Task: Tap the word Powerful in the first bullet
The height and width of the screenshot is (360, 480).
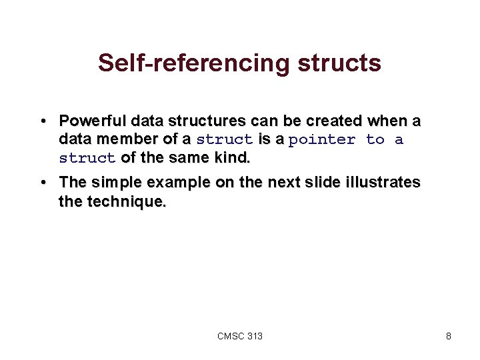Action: click(93, 122)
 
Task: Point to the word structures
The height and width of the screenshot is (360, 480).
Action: click(205, 122)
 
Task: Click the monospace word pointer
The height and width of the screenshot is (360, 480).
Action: click(323, 139)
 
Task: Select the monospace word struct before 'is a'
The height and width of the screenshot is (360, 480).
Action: click(224, 139)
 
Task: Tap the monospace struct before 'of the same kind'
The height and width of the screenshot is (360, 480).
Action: click(87, 158)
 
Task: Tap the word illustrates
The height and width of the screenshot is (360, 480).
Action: click(383, 183)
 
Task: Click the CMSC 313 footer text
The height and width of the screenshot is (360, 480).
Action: click(240, 336)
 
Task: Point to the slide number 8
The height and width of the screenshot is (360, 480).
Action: click(449, 336)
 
